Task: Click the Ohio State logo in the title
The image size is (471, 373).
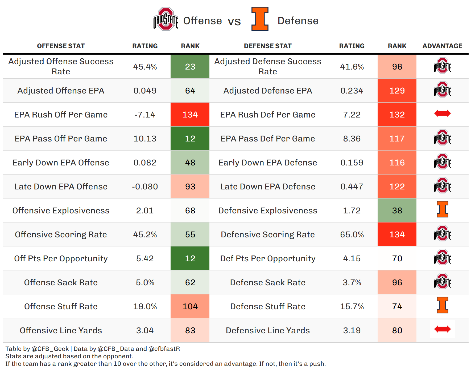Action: click(166, 19)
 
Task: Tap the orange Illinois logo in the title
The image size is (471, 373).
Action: click(260, 19)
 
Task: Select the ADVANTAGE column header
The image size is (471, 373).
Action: click(442, 46)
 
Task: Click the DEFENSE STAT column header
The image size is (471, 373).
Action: click(268, 46)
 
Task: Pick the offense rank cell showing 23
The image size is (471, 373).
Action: click(190, 66)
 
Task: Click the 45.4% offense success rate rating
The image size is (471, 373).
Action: click(145, 67)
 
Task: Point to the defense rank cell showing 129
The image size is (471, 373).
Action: click(397, 91)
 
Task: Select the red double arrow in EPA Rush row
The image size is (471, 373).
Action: click(442, 113)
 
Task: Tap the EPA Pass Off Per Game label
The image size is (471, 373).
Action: click(61, 139)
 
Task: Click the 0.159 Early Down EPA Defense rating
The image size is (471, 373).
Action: click(352, 163)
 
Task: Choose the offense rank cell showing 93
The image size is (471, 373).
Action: click(190, 186)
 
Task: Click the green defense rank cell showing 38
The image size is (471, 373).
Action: click(397, 210)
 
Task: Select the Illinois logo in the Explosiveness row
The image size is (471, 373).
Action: click(442, 209)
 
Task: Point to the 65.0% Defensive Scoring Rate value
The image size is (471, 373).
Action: click(352, 234)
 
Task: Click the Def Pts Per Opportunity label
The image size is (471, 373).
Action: click(268, 258)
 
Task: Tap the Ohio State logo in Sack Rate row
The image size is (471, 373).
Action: click(442, 281)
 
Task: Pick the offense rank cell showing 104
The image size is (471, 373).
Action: click(190, 306)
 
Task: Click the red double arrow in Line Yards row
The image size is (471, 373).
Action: click(442, 329)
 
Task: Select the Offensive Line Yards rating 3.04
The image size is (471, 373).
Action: click(145, 330)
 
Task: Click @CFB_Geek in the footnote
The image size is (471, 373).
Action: click(50, 349)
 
